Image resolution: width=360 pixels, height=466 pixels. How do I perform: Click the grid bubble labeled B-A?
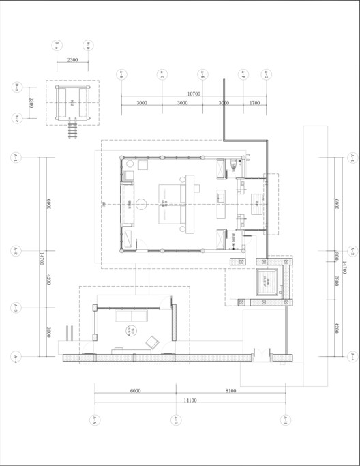[x=57, y=46]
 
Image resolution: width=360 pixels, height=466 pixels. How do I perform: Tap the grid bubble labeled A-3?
[x=14, y=309]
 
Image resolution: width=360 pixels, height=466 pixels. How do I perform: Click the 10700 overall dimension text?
[x=194, y=93]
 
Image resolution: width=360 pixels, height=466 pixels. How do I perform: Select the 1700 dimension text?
[x=254, y=102]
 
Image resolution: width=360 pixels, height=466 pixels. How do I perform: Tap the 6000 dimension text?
[x=135, y=391]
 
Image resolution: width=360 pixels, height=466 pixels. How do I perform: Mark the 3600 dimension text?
[x=46, y=332]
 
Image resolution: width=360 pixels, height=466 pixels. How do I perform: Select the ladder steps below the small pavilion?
[x=72, y=129]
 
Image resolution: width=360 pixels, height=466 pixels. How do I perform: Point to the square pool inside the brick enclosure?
[x=265, y=281]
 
